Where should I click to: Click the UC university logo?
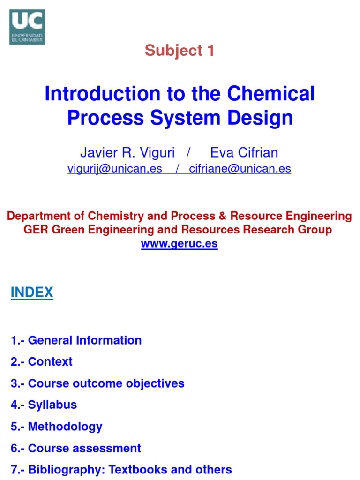click(x=27, y=27)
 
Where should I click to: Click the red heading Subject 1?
click(x=180, y=51)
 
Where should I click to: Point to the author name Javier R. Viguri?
click(x=127, y=153)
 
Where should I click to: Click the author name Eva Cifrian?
click(x=244, y=153)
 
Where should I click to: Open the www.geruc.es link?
click(x=179, y=244)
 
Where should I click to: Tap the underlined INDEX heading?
click(x=32, y=293)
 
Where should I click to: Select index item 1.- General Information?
click(x=76, y=340)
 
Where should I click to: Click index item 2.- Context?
click(x=41, y=362)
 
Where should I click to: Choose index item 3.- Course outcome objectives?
click(x=97, y=383)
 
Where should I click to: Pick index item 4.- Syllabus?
click(x=44, y=405)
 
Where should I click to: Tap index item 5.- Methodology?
click(x=56, y=427)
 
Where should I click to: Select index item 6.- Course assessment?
click(x=75, y=448)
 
